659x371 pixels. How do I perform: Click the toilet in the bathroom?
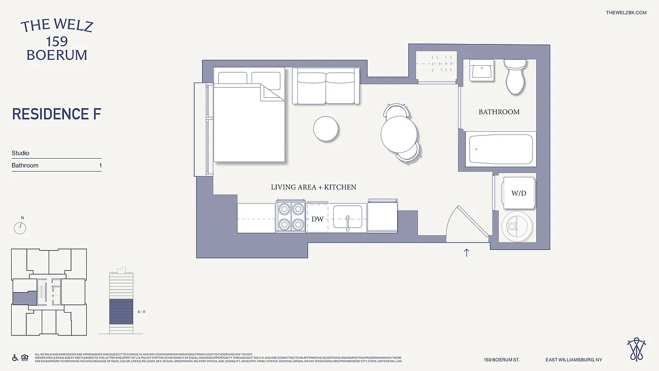514,77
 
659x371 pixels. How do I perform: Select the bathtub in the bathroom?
501,149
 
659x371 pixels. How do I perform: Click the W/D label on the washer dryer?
519,193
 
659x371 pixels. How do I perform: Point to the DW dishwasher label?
317,219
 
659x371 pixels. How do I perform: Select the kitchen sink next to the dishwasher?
348,218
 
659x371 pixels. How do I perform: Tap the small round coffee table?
326,129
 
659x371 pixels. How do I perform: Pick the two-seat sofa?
326,87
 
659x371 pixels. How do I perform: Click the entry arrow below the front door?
467,252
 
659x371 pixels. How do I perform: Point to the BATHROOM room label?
499,112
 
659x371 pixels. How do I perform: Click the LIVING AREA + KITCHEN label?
313,187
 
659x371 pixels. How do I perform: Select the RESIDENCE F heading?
57,114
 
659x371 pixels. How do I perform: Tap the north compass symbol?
20,227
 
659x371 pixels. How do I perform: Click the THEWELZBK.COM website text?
626,13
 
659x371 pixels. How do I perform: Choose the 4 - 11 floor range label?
142,312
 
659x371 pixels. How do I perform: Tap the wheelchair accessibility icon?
15,358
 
